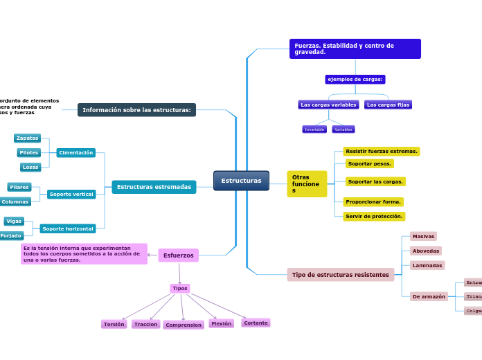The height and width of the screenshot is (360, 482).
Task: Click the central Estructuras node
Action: tap(241, 181)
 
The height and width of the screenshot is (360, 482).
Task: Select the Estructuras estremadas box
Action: tap(154, 187)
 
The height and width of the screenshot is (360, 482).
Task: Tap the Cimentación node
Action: tap(75, 152)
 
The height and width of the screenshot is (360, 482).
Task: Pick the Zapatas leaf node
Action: tap(27, 138)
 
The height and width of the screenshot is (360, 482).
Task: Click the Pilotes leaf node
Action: tap(28, 152)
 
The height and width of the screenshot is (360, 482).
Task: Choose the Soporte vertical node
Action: tap(71, 195)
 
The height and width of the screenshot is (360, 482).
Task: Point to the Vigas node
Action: tap(14, 222)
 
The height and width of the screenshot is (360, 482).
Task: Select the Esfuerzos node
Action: tap(178, 255)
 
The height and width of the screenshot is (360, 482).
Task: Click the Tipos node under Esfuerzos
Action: tap(180, 288)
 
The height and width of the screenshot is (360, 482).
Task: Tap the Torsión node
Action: tap(114, 324)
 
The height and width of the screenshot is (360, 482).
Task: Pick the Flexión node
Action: tap(221, 323)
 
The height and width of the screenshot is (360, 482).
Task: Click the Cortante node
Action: tap(256, 323)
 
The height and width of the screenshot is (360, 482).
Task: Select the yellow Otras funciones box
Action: tap(306, 184)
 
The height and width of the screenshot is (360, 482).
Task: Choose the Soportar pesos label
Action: tap(370, 164)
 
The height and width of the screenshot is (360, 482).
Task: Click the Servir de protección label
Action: tap(374, 217)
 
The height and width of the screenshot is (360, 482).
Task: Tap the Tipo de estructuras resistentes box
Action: tap(340, 275)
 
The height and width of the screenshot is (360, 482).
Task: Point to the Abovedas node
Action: tap(425, 251)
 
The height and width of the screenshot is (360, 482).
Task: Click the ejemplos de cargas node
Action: tap(355, 80)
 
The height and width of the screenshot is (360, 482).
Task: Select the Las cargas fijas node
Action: tap(388, 105)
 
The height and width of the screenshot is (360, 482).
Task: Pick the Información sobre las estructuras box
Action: tap(136, 110)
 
